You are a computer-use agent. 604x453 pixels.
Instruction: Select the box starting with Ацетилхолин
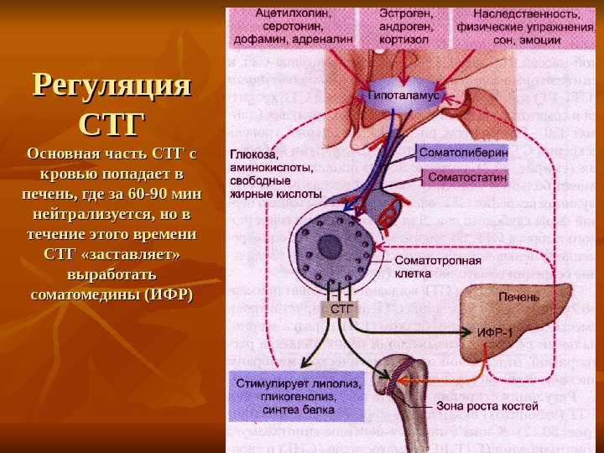pos(290,26)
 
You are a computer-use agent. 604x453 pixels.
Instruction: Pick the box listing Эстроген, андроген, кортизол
pos(404,26)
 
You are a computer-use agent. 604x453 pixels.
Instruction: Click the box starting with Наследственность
pos(527,26)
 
